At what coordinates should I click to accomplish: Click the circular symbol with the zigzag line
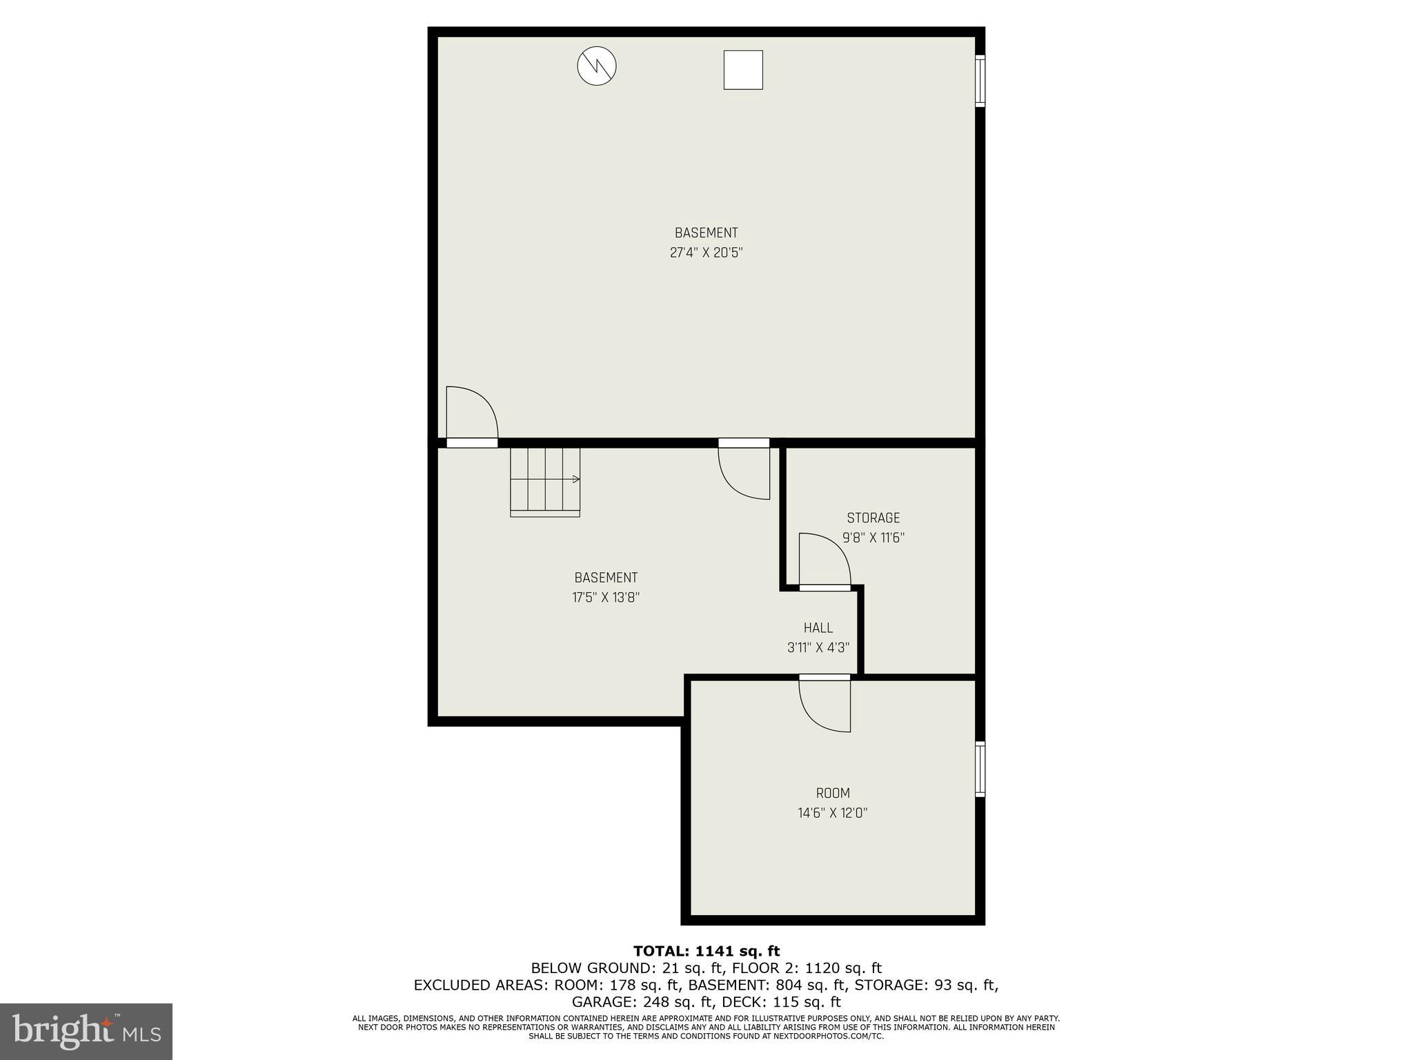tap(596, 67)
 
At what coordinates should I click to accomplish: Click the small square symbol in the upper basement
tap(743, 70)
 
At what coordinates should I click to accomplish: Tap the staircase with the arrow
tap(545, 482)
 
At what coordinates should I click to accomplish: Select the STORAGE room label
tap(873, 518)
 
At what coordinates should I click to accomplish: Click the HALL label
tap(818, 628)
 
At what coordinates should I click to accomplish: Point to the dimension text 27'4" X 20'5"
tap(706, 253)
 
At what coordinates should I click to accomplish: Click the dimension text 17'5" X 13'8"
tap(606, 598)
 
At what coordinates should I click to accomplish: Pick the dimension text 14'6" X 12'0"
tap(832, 813)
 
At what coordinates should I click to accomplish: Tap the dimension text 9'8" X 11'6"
tap(873, 538)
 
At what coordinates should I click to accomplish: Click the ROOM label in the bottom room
tap(833, 793)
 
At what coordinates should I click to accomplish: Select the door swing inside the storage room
tap(824, 560)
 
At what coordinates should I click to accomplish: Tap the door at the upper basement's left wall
tap(471, 414)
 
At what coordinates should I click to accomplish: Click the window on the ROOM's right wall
tap(980, 769)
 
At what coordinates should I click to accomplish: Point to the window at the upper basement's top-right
tap(980, 81)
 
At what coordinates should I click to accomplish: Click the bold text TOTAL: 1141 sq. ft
tap(706, 952)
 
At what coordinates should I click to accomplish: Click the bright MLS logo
tap(86, 1032)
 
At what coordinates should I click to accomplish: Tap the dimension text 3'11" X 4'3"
tap(818, 648)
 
